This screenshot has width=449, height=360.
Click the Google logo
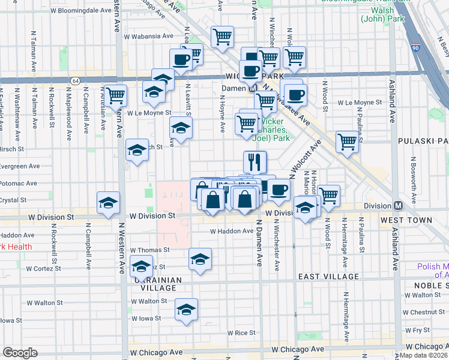pos(20,353)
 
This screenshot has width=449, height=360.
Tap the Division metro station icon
pos(397,205)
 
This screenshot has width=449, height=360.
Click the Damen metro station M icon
pos(253,88)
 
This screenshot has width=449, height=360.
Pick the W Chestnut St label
pos(424,312)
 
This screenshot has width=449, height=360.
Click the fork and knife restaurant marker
pos(255,161)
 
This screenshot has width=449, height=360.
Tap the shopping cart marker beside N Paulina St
pos(347,142)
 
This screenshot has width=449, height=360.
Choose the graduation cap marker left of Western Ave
pos(108,202)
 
